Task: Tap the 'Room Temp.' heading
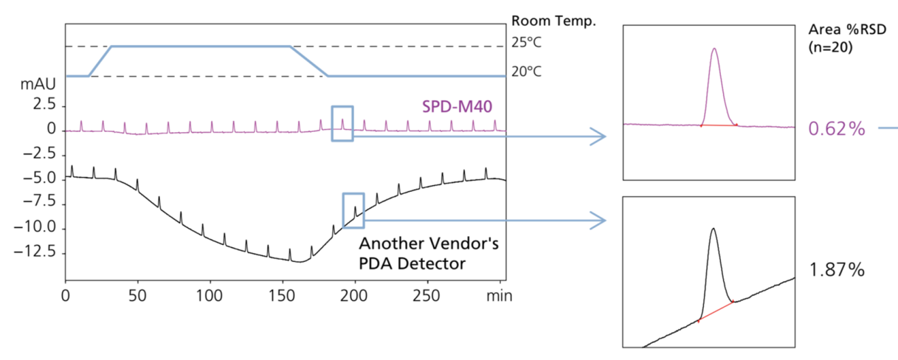click(552, 21)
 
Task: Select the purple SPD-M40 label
click(457, 108)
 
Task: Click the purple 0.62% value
click(837, 129)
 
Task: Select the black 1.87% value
click(837, 270)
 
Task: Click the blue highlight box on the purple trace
click(342, 122)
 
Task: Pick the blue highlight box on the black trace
click(353, 210)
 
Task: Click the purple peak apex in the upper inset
click(714, 49)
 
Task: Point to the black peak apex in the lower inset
click(713, 229)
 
